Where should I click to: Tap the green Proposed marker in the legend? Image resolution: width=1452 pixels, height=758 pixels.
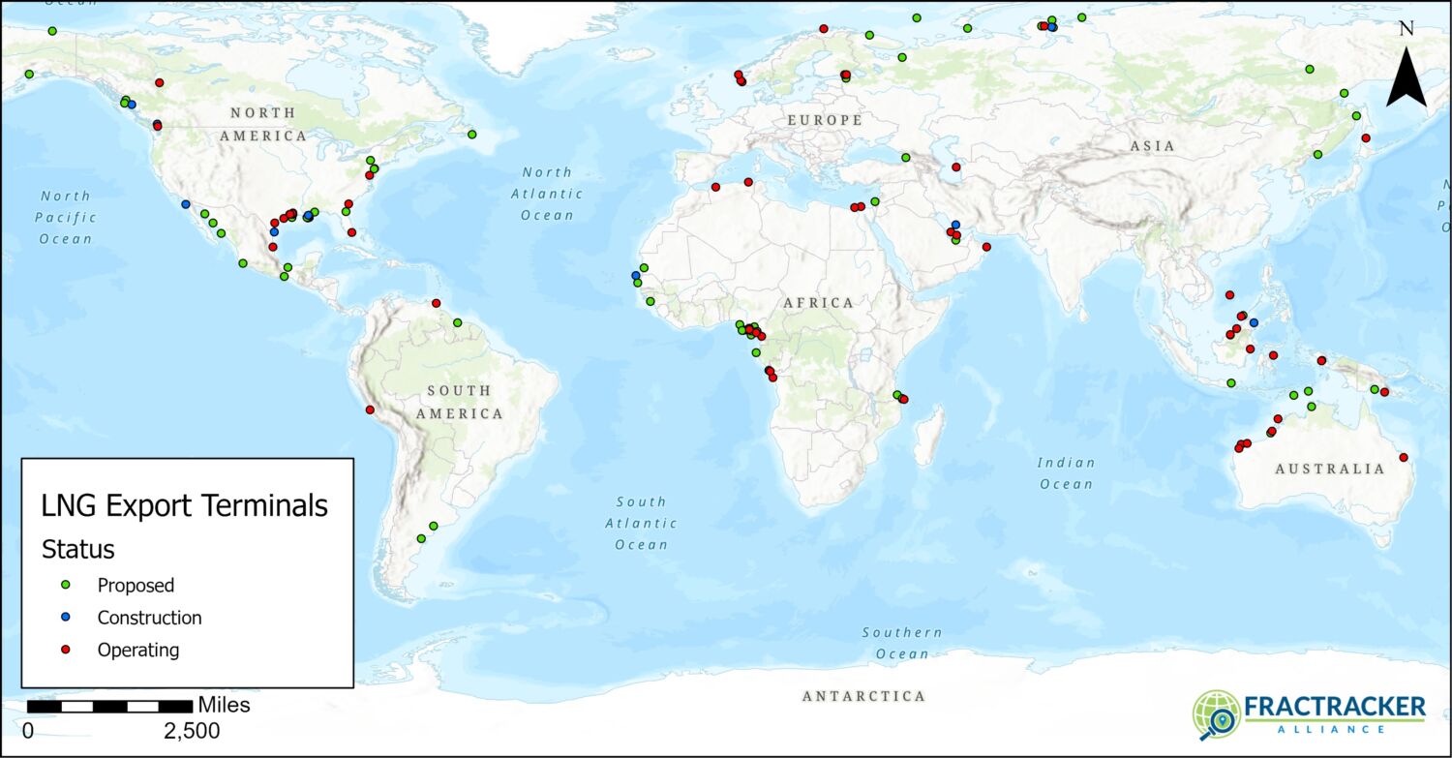(66, 585)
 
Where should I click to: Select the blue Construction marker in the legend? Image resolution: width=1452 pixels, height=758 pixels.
(66, 617)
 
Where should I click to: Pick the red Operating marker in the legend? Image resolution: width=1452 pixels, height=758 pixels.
(66, 650)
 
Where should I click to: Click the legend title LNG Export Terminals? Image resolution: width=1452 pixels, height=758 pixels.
(184, 505)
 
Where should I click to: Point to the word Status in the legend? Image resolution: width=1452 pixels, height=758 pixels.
(78, 549)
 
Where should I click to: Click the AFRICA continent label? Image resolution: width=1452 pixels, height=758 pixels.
(818, 303)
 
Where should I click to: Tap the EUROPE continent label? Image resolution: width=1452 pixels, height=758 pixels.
(824, 120)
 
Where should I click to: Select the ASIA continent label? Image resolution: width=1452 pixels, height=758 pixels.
(1151, 146)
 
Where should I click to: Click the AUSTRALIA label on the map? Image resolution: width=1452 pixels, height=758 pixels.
(1329, 469)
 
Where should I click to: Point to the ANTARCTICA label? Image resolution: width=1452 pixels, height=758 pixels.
(863, 696)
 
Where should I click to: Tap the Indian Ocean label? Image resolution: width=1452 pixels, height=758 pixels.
(1066, 473)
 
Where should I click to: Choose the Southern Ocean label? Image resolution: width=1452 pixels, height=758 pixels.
(902, 643)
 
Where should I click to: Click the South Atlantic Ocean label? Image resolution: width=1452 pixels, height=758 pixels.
(641, 523)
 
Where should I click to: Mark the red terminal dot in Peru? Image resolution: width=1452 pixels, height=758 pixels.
(370, 409)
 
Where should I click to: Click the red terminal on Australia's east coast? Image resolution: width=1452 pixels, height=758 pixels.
(1403, 457)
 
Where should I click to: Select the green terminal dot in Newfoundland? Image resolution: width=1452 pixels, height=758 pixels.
(471, 135)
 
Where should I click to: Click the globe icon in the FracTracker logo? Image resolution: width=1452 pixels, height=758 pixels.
(1216, 714)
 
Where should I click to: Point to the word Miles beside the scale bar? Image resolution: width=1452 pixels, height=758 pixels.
(224, 705)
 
